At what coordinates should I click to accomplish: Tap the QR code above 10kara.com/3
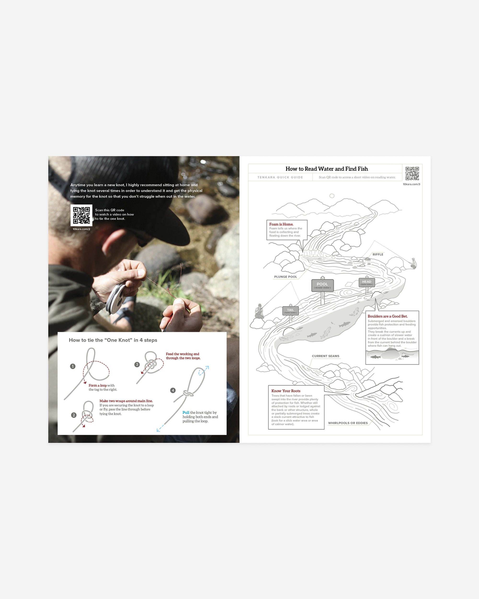(x=412, y=173)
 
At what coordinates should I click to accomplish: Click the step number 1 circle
(x=73, y=366)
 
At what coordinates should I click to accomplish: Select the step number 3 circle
(x=137, y=364)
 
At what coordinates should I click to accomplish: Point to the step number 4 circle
(x=173, y=390)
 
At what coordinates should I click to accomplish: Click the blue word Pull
(x=186, y=413)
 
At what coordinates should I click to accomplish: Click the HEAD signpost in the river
(x=366, y=282)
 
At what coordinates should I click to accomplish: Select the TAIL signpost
(x=291, y=311)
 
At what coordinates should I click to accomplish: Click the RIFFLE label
(x=378, y=254)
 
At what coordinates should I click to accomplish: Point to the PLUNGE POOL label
(x=285, y=277)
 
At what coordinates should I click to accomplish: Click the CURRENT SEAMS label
(x=325, y=356)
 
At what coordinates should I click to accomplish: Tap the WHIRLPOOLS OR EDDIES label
(x=348, y=423)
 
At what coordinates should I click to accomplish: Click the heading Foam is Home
(x=281, y=224)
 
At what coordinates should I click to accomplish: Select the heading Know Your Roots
(x=286, y=391)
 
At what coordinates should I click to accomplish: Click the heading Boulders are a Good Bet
(x=387, y=316)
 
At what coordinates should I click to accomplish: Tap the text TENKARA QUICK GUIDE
(x=280, y=177)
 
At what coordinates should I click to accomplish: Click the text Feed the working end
(x=182, y=354)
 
